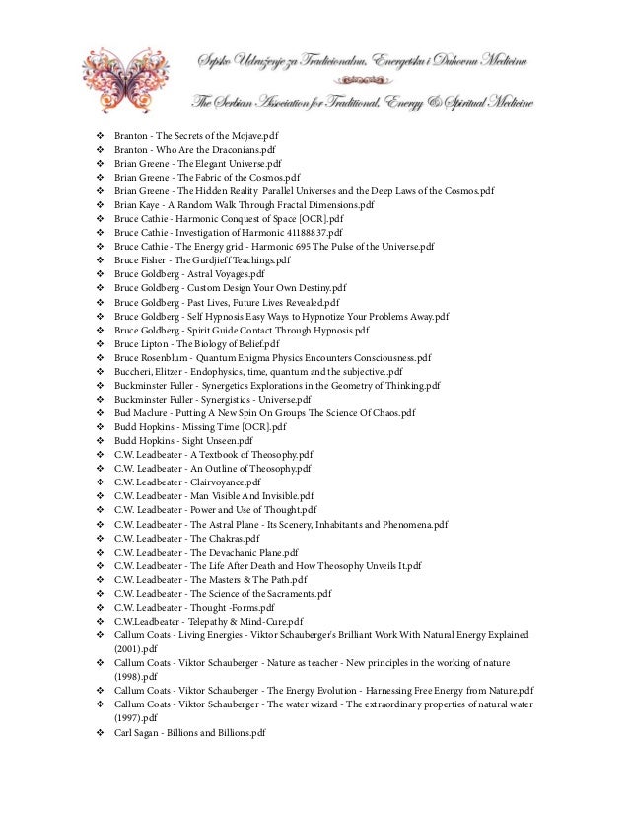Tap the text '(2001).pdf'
point(136,650)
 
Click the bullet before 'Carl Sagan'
point(100,733)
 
